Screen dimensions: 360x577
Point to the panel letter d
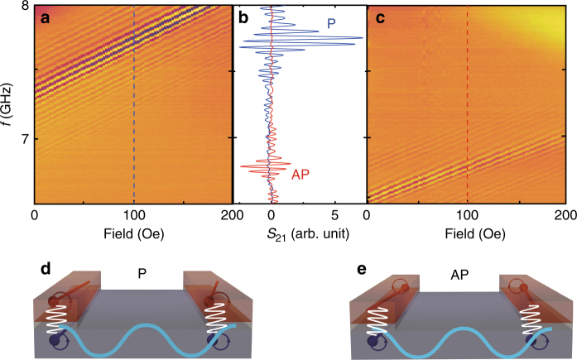(47, 271)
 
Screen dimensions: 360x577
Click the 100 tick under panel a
(133, 215)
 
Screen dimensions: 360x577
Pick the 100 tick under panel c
(468, 215)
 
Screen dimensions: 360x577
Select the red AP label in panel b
(301, 174)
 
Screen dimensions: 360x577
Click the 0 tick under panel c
(369, 215)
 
